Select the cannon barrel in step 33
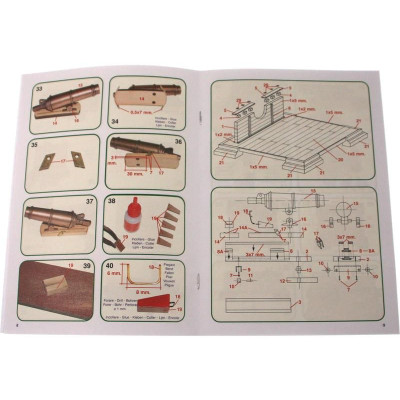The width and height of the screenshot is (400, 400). coord(65,100)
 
